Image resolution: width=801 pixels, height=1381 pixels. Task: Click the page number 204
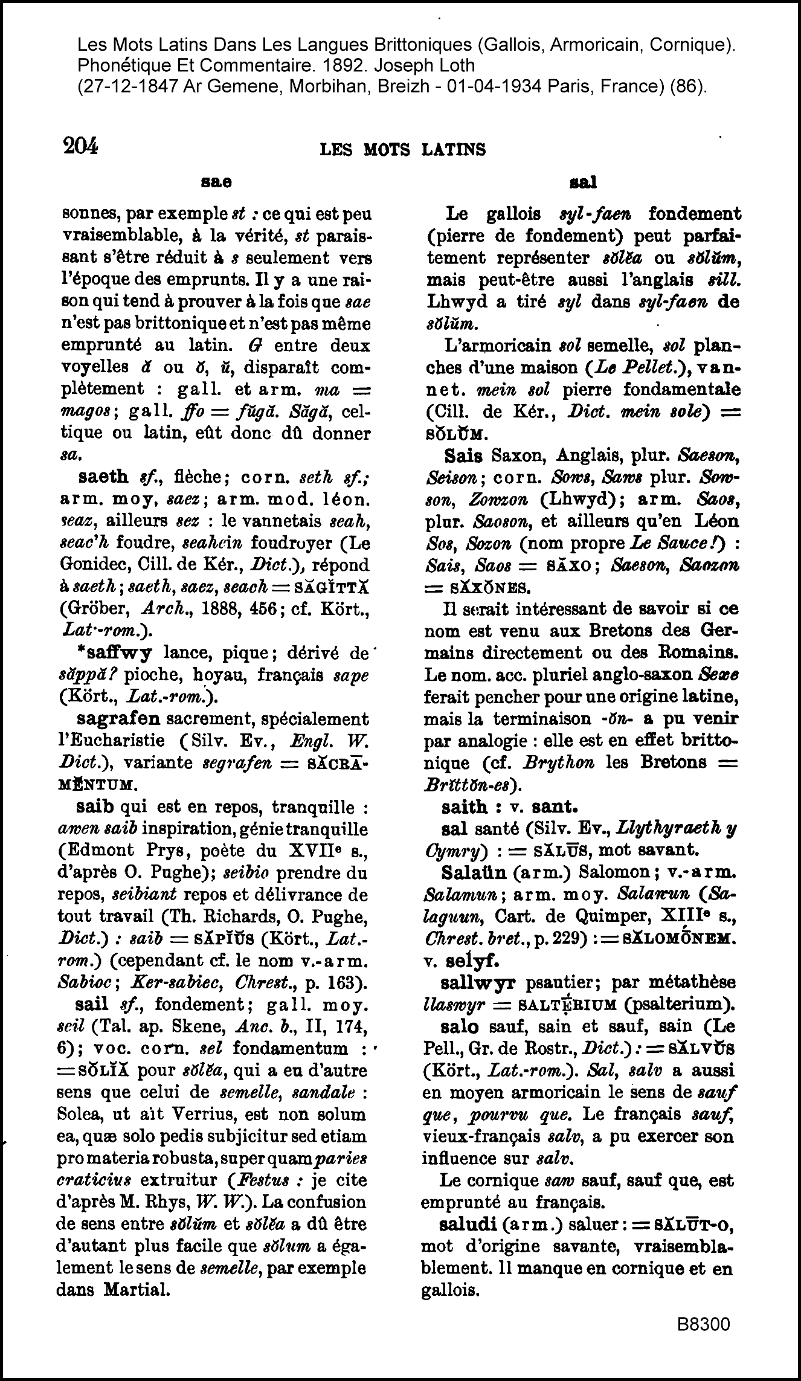[80, 147]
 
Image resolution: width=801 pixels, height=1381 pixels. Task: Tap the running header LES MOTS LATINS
[402, 149]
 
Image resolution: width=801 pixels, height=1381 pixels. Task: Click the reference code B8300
[704, 1324]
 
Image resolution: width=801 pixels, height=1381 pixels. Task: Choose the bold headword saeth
[104, 477]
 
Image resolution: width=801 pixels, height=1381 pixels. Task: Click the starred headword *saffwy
[115, 652]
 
